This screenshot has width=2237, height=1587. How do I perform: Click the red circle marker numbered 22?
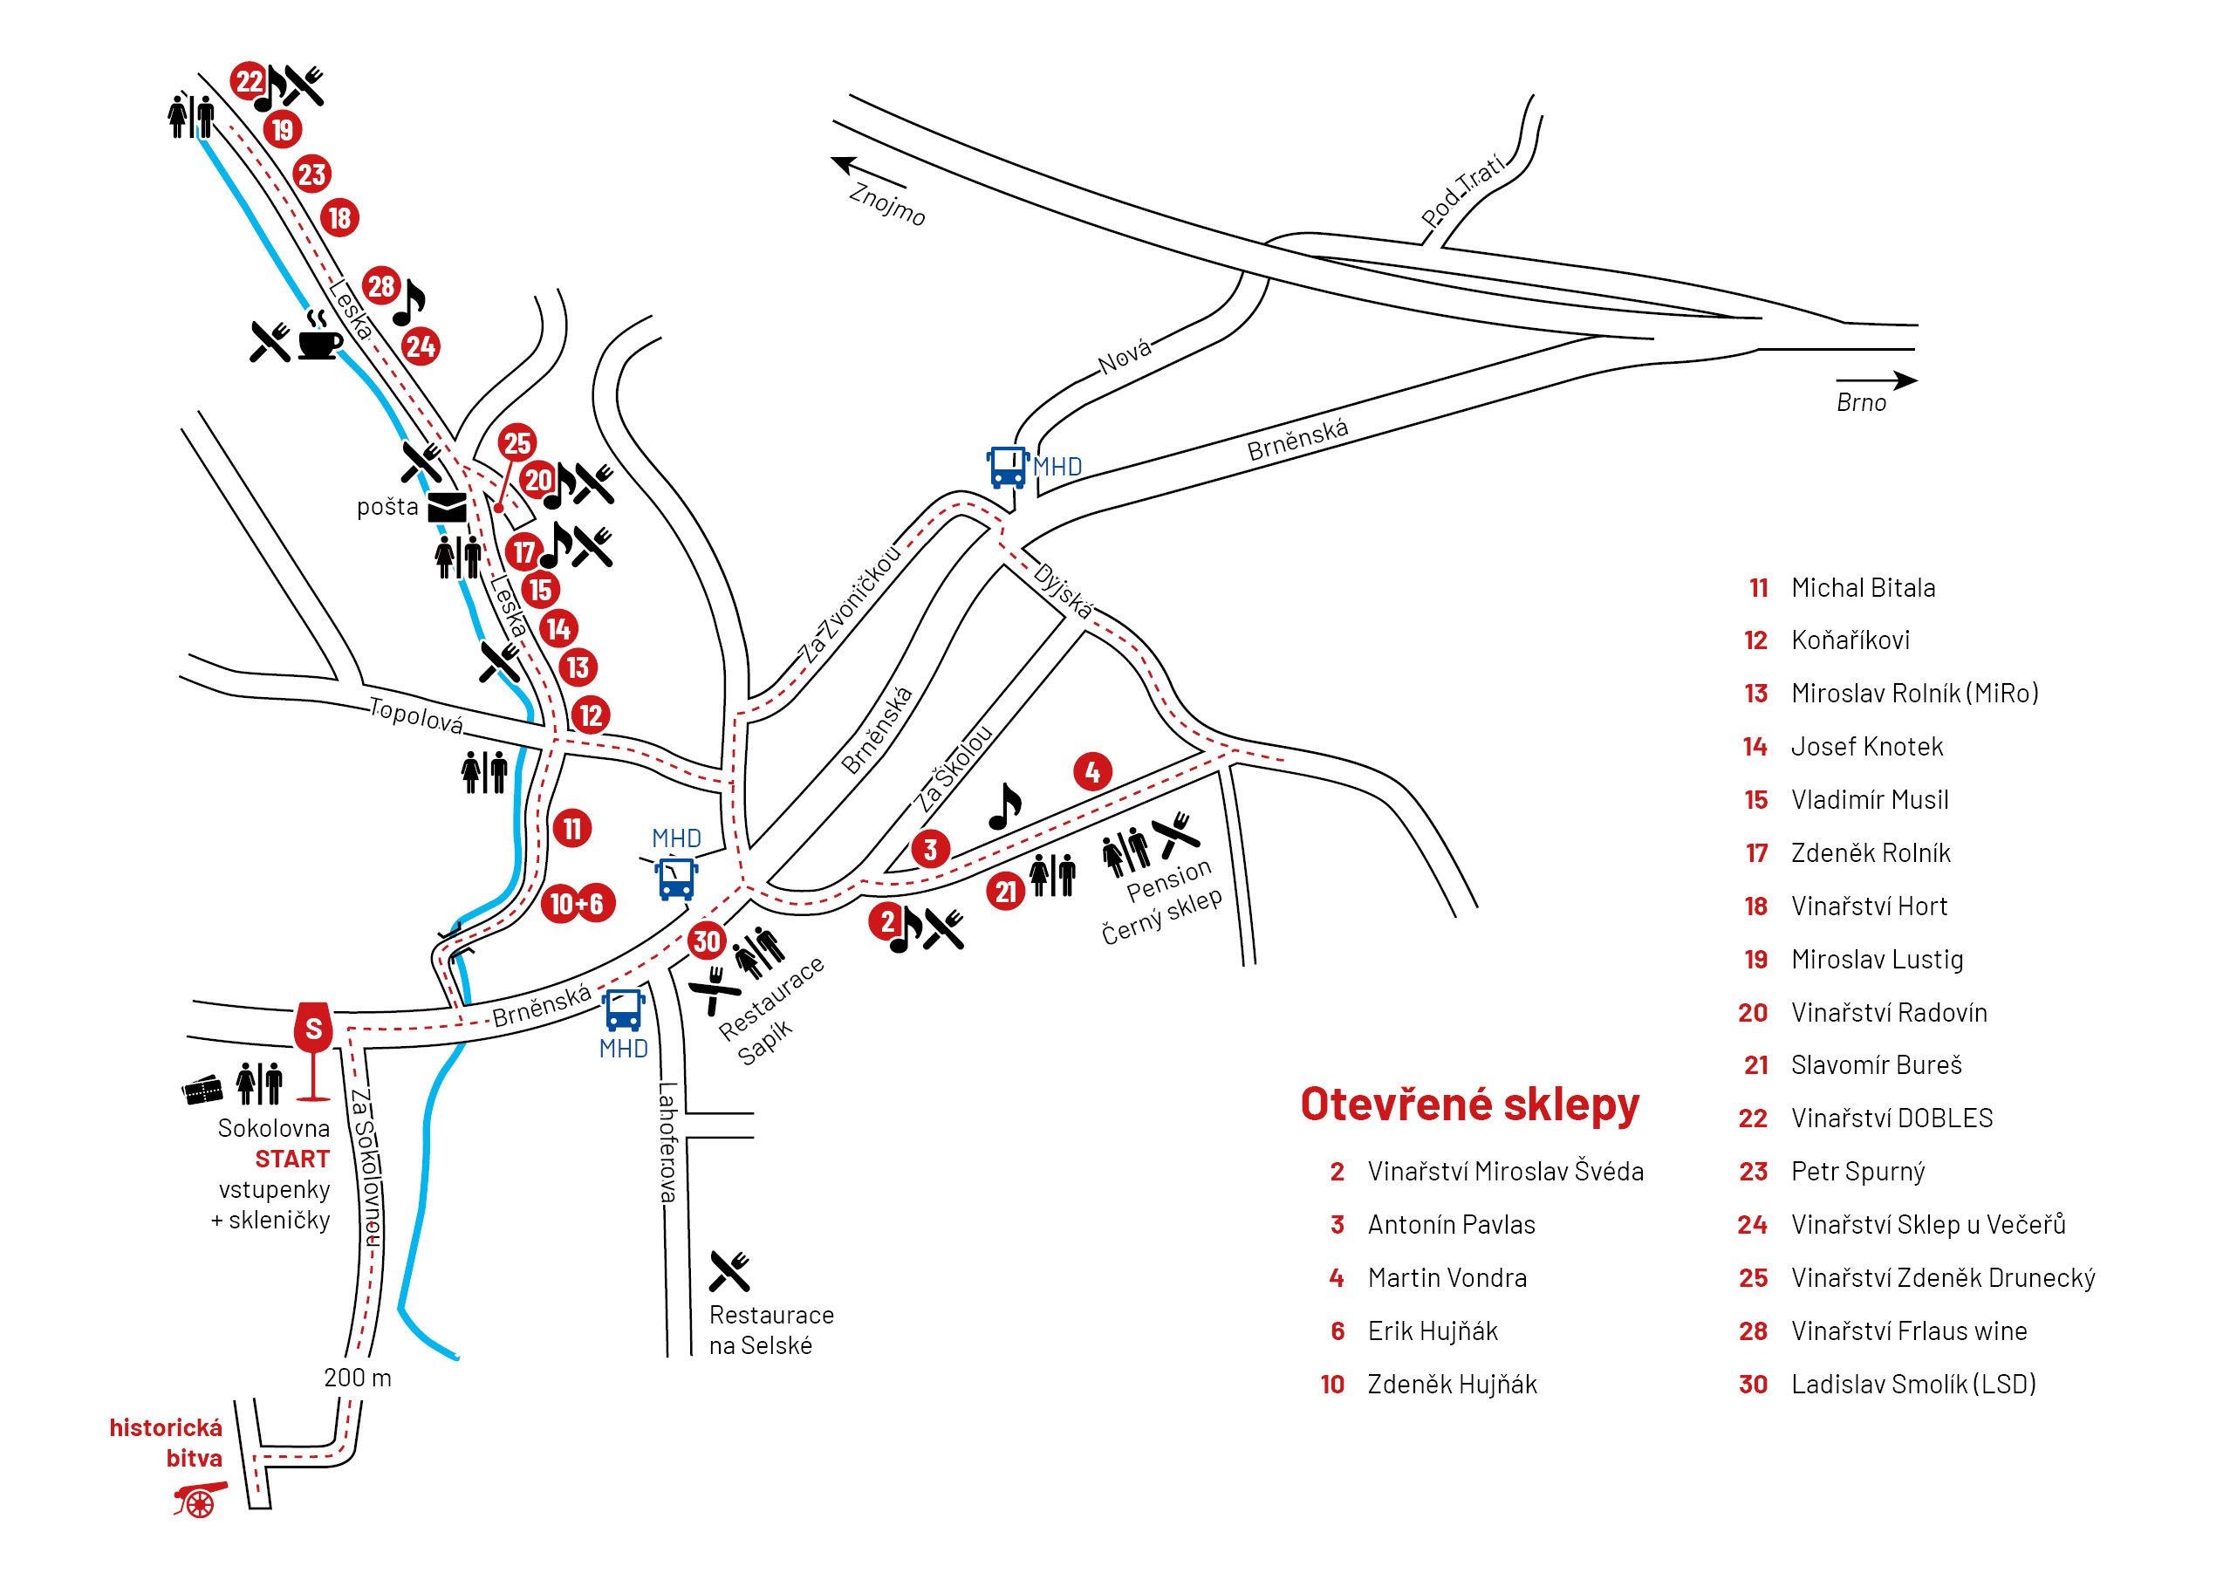pyautogui.click(x=249, y=80)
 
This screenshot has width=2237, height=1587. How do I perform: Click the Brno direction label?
pyautogui.click(x=1860, y=402)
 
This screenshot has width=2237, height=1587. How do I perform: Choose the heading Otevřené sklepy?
pyautogui.click(x=1469, y=1105)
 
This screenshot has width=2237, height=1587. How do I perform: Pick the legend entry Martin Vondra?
pyautogui.click(x=1447, y=1277)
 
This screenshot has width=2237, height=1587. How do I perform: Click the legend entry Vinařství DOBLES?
pyautogui.click(x=1891, y=1118)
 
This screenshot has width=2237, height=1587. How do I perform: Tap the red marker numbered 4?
pyautogui.click(x=1091, y=772)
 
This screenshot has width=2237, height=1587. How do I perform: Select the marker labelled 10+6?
pyautogui.click(x=578, y=904)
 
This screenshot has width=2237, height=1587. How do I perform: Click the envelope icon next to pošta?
pyautogui.click(x=447, y=507)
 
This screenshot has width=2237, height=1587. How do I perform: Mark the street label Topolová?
pyautogui.click(x=415, y=716)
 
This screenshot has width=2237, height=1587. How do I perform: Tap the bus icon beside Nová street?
pyautogui.click(x=1007, y=466)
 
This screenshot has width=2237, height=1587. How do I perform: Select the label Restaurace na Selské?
pyautogui.click(x=770, y=1329)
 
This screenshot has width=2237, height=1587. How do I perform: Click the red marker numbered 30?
pyautogui.click(x=706, y=941)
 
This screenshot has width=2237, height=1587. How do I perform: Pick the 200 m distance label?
pyautogui.click(x=357, y=1378)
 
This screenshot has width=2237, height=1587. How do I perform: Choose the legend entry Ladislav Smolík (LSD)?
pyautogui.click(x=1912, y=1384)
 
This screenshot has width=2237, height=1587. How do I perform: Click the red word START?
pyautogui.click(x=291, y=1159)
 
